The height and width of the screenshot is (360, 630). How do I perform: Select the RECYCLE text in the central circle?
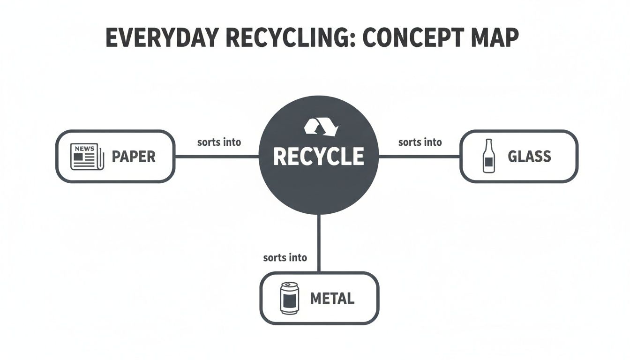pyautogui.click(x=318, y=156)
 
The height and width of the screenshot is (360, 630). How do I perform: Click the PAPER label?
pyautogui.click(x=133, y=157)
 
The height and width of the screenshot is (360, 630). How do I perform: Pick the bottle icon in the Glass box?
pyautogui.click(x=488, y=156)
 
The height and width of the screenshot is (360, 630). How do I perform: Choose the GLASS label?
pyautogui.click(x=529, y=156)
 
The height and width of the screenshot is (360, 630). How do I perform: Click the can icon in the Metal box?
pyautogui.click(x=289, y=298)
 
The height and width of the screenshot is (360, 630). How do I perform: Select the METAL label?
pyautogui.click(x=332, y=298)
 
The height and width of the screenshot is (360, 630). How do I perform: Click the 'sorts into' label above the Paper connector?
pyautogui.click(x=219, y=142)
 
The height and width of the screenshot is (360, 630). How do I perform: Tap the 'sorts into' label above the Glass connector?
pyautogui.click(x=420, y=142)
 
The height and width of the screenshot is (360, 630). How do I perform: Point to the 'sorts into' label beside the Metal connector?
pyautogui.click(x=285, y=257)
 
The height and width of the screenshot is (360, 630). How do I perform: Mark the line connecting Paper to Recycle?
pyautogui.click(x=217, y=157)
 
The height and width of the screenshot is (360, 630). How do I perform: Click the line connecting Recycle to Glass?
pyautogui.click(x=419, y=157)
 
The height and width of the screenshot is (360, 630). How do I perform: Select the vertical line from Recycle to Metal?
pyautogui.click(x=319, y=244)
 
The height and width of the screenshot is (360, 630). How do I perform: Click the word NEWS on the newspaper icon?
pyautogui.click(x=83, y=149)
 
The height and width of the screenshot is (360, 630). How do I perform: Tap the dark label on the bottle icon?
pyautogui.click(x=488, y=163)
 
